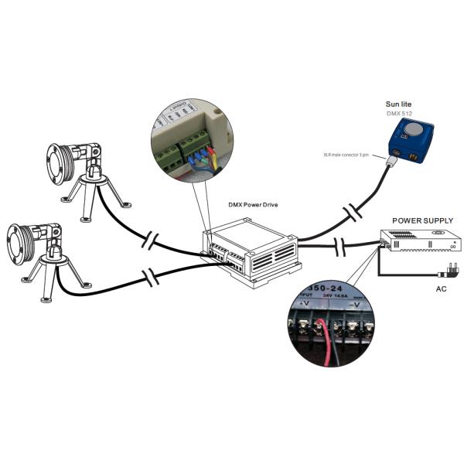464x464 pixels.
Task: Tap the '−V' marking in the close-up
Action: coord(353,305)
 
